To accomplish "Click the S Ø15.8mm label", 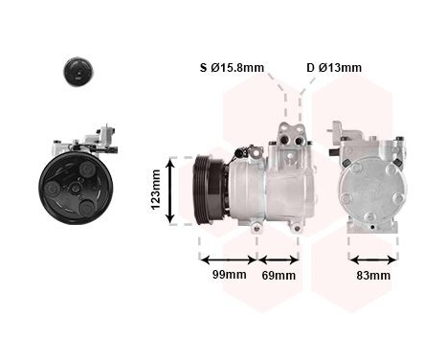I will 232,68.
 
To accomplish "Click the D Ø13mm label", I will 334,68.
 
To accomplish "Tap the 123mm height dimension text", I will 156,191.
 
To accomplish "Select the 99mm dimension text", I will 229,276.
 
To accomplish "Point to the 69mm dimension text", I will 279,276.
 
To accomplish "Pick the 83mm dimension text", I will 373,276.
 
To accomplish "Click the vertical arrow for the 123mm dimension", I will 172,191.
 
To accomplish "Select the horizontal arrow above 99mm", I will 228,259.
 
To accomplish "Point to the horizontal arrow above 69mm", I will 279,259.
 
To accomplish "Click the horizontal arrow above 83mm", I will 372,259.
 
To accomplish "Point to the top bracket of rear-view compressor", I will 346,135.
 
